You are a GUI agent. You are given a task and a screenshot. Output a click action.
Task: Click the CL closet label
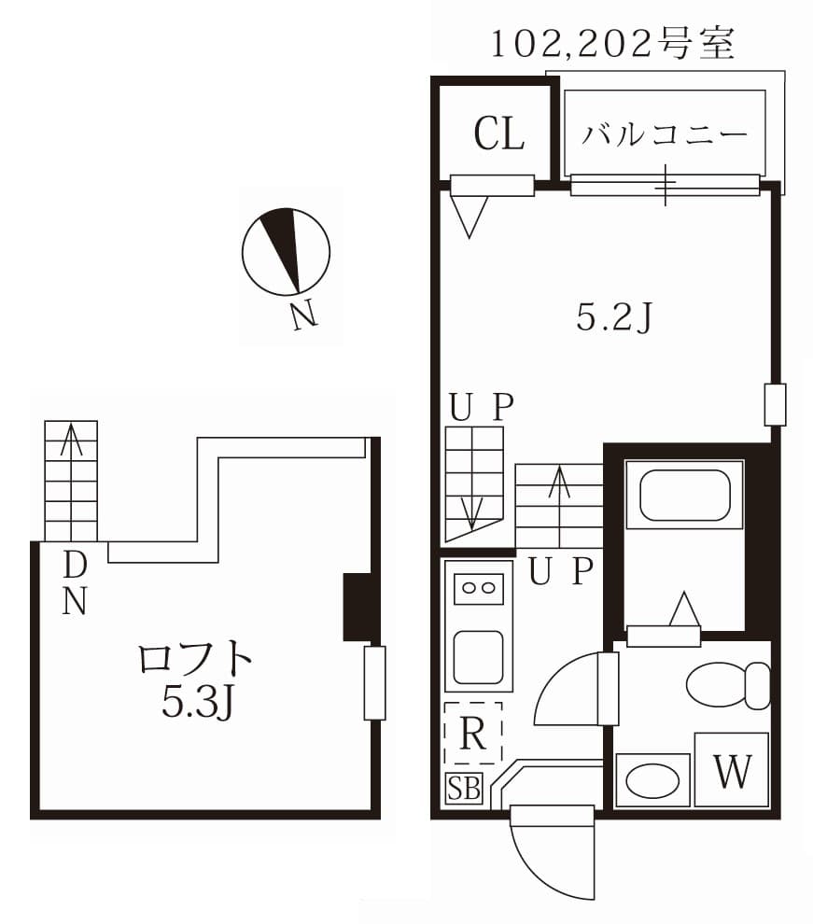[498, 133]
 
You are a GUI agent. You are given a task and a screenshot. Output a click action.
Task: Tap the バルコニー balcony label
[666, 134]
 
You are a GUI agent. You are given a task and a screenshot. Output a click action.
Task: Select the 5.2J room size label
[613, 319]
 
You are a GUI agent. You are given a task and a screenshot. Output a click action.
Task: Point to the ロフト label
[195, 660]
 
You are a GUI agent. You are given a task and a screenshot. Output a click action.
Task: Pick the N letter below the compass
[303, 315]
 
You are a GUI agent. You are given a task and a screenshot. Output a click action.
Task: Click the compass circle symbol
[285, 251]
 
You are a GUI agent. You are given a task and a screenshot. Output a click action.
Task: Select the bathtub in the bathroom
[684, 496]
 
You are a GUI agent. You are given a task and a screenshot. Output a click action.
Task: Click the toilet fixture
[727, 686]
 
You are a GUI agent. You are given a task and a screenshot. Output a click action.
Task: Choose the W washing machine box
[732, 770]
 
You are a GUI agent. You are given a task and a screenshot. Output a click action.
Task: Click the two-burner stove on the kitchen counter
[478, 588]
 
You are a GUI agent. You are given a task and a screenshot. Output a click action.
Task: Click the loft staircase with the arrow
[71, 481]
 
